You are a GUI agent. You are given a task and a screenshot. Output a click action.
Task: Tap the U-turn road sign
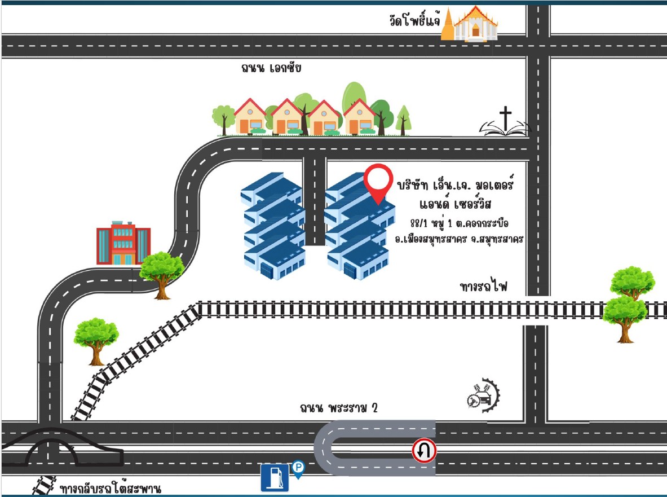(424, 450)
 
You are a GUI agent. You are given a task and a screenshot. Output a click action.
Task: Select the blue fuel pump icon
(275, 477)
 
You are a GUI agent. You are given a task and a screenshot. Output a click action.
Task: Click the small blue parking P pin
(298, 469)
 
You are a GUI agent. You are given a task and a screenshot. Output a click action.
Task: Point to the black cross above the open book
(505, 118)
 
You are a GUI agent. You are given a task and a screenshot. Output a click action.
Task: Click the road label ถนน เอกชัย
(271, 68)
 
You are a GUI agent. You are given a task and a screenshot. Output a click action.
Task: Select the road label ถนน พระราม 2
(339, 408)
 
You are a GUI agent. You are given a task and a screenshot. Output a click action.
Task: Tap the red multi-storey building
(123, 243)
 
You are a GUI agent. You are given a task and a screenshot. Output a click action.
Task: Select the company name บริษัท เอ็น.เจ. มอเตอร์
(455, 184)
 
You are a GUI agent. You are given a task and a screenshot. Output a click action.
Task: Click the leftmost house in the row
(250, 117)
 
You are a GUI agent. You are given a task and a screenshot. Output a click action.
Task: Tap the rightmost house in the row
(360, 117)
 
